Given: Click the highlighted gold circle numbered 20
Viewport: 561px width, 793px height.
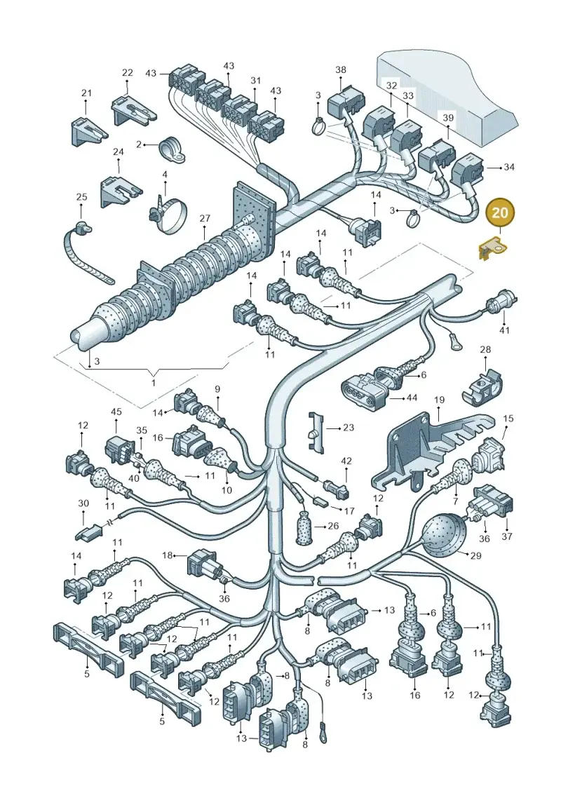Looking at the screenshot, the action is pos(499,213).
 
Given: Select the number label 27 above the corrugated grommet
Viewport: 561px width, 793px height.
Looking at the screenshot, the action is pos(204,219).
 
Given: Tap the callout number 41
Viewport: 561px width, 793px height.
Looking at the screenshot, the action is pos(504,330).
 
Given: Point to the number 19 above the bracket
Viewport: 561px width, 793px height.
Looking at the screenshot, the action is pos(439,400).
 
